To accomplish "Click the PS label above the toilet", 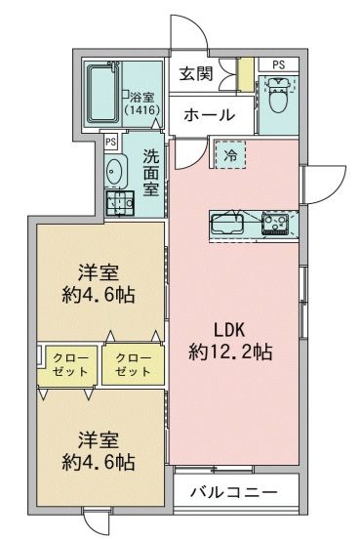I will pos(278,65).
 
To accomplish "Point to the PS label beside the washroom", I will pos(110,141).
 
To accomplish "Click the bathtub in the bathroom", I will pos(101,96).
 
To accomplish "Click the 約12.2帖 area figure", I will pos(230,352).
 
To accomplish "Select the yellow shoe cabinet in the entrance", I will pos(247,73).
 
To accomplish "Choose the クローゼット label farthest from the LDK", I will pos(71,365).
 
